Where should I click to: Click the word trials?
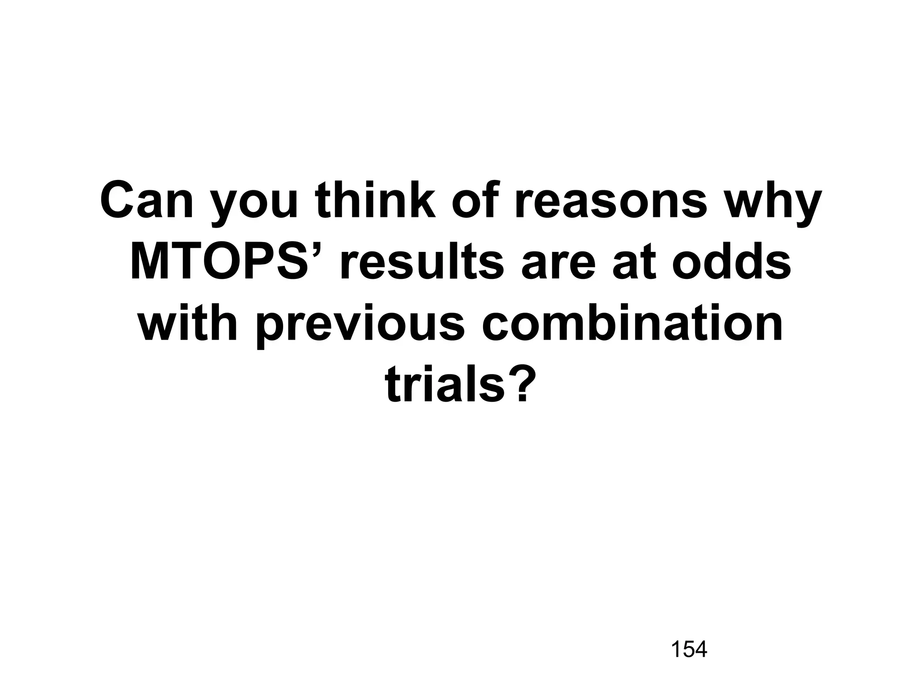point(444,385)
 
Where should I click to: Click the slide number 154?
point(689,649)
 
